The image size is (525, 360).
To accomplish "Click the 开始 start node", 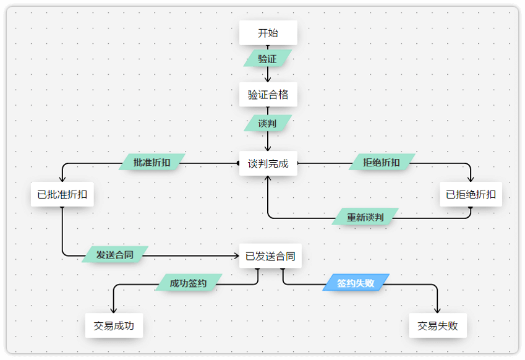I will coord(268,33).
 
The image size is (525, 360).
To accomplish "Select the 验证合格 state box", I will coord(268,95).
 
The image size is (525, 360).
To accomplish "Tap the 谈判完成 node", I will coord(268,164).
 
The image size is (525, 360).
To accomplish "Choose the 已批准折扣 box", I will coord(62,194).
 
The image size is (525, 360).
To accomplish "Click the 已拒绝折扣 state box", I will coord(471,194).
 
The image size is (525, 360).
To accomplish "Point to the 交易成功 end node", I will coord(114,325).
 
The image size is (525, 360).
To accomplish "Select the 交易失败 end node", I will coord(438,325).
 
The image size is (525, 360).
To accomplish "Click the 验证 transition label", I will coord(267,59).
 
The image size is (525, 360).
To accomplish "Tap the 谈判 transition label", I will coord(267,123).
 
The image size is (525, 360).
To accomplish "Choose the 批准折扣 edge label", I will coord(152,162).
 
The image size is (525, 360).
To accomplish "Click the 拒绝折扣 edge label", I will coord(381,162).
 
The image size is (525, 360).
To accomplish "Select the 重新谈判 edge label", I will coord(365,217).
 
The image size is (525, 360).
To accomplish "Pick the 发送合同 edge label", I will coord(114,254).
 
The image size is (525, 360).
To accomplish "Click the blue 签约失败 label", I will coord(356,283).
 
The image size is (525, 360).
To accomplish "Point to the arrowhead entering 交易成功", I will coord(114,311).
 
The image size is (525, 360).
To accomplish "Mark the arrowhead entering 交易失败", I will coord(438,311).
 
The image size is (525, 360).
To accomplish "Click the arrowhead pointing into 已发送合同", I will coord(236,255).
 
